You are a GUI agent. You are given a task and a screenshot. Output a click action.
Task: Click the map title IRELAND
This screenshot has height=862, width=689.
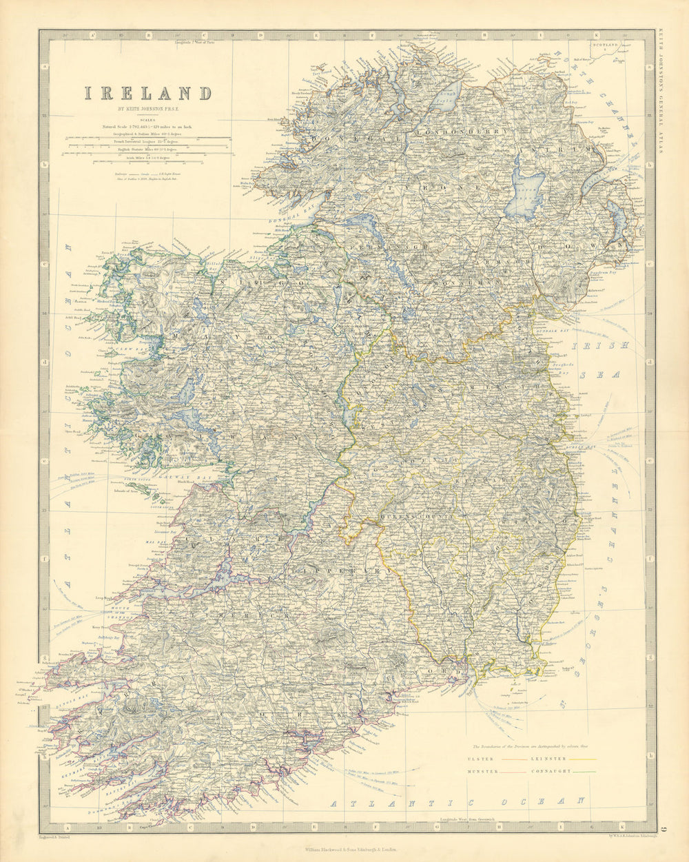[x=148, y=94]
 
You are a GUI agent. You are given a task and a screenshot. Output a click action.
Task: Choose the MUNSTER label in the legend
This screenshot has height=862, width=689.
[x=483, y=771]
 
